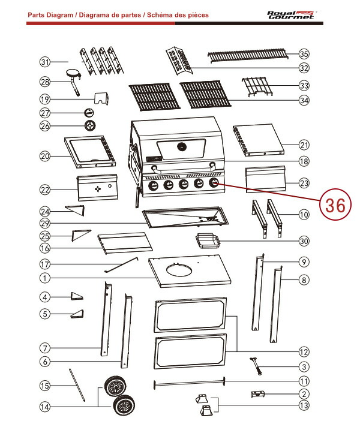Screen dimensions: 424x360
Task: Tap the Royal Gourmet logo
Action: (290, 14)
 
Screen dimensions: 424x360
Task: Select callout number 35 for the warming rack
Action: (304, 54)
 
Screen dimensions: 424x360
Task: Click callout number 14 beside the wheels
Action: (44, 407)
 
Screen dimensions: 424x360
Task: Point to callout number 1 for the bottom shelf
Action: (44, 278)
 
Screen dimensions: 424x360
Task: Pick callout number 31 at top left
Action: (44, 62)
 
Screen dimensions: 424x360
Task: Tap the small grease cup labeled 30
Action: (206, 241)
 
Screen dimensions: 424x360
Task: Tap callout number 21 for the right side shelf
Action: (304, 145)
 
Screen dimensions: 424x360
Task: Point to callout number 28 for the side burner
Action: (44, 82)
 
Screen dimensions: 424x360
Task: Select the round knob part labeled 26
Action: (89, 126)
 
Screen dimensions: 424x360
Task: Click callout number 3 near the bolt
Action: (304, 366)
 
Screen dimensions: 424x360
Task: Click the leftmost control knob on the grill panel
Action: (154, 186)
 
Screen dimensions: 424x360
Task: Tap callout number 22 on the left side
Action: (44, 190)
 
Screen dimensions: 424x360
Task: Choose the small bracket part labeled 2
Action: (257, 394)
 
